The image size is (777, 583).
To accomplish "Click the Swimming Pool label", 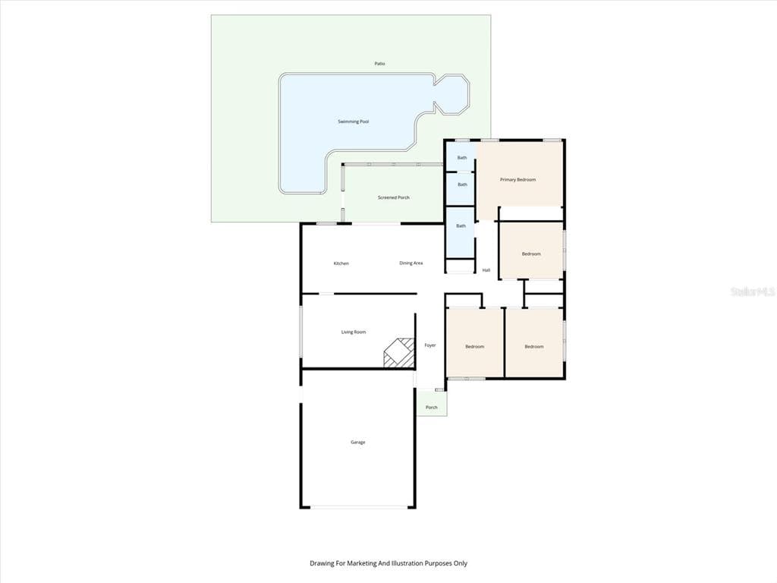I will coord(354,121).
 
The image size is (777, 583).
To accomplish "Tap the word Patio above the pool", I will coord(379,64).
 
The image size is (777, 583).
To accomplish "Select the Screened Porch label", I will coord(394,198).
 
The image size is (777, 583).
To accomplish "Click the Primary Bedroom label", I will coord(517,180).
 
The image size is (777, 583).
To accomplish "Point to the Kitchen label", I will coord(341,263).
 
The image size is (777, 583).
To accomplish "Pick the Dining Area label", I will coord(411,263).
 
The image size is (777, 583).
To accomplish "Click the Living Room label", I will coord(354,332).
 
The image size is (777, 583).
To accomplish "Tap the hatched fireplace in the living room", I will coord(399,353).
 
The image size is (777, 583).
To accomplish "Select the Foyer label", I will coord(430,345).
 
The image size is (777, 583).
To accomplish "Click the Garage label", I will coord(357,442).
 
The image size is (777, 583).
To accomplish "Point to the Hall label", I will coord(486,269).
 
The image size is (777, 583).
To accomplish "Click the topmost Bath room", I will coord(461,158).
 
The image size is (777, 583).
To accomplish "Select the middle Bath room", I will coord(461,184).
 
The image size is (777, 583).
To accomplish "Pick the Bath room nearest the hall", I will coord(461,226).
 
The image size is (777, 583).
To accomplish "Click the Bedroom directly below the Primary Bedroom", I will coord(531,254).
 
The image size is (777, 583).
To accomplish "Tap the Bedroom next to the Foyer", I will coord(474,346).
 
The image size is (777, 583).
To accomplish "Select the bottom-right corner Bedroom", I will coord(534,346).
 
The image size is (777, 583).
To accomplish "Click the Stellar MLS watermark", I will coord(752,291).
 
